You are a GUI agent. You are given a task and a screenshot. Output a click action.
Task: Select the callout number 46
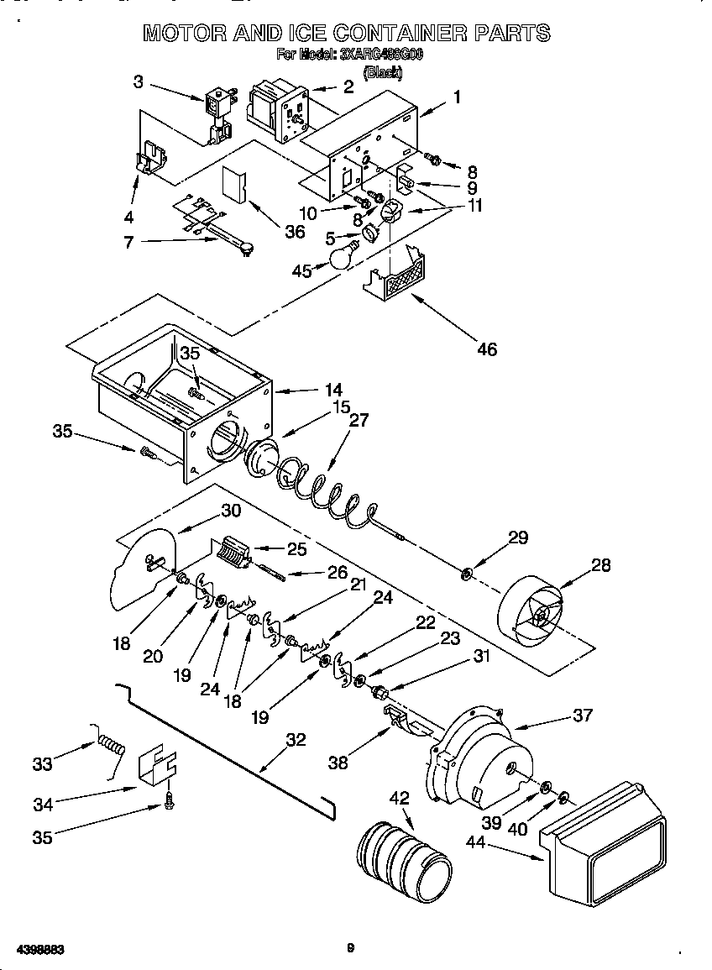[x=487, y=349]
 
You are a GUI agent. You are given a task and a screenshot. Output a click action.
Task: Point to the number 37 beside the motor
[x=583, y=715]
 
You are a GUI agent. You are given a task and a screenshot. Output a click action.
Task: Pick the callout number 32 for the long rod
[x=296, y=740]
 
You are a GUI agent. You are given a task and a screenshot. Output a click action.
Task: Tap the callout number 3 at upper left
[x=139, y=81]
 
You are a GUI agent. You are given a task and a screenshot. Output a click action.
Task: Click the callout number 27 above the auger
[x=359, y=422]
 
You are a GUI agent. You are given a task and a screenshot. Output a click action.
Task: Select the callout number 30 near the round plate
[x=230, y=510]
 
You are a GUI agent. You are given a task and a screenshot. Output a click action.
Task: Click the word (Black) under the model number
[x=382, y=73]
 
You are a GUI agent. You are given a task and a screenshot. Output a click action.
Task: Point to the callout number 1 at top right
[x=457, y=97]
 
